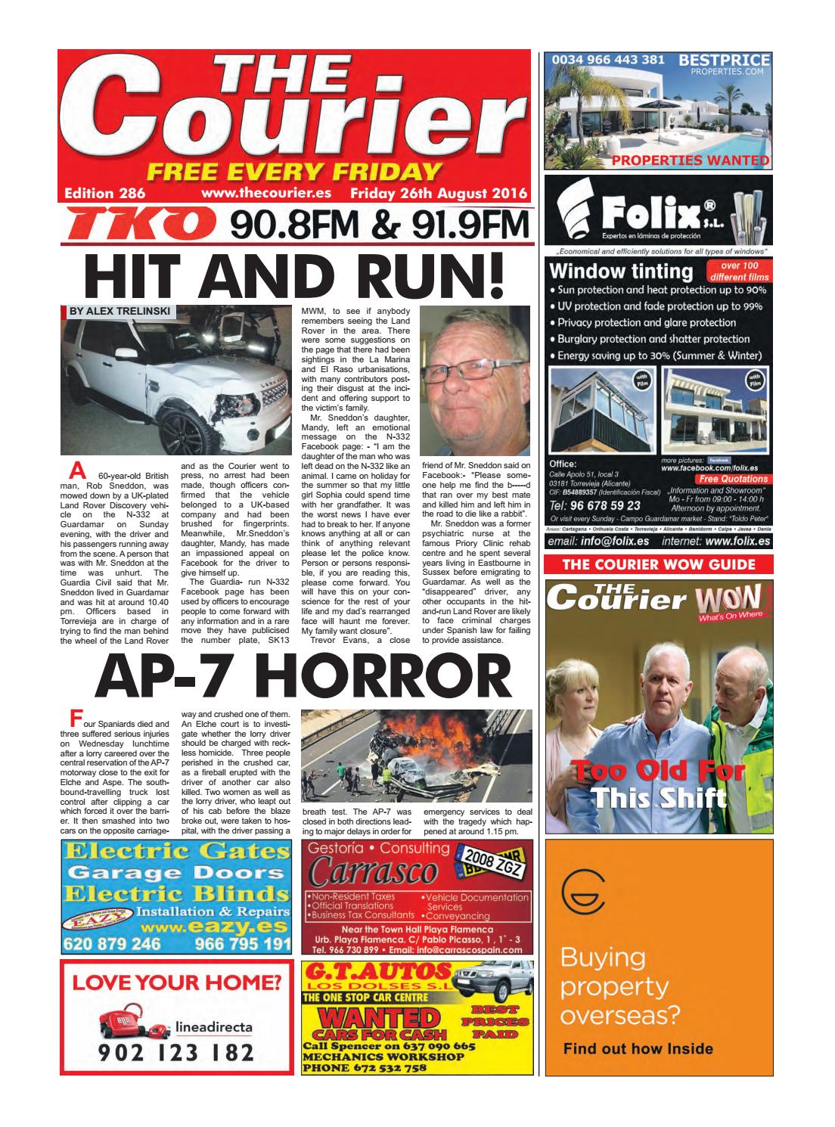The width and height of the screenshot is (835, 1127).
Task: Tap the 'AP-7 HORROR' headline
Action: tap(298, 676)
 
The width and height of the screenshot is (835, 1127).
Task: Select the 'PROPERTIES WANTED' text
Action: tap(690, 160)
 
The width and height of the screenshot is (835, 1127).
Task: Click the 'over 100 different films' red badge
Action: tap(739, 271)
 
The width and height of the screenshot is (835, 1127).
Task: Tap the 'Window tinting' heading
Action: tap(620, 271)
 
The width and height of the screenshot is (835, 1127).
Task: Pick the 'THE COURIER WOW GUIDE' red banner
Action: tap(659, 564)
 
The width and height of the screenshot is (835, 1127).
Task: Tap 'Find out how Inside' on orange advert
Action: tap(638, 1048)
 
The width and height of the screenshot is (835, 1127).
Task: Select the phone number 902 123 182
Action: tap(175, 1054)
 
